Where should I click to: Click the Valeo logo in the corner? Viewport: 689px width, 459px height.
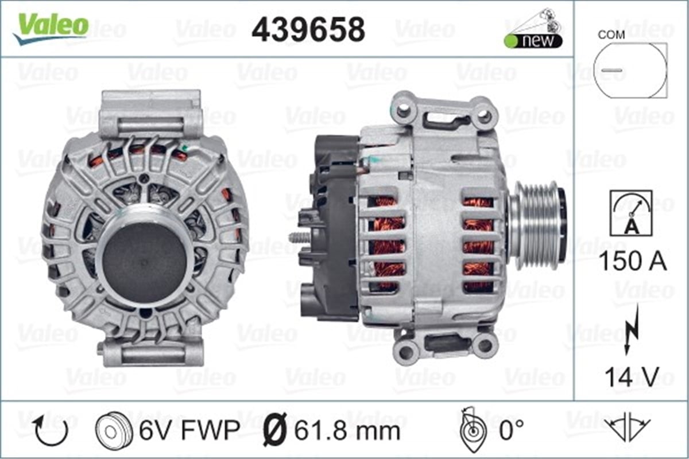[52, 28]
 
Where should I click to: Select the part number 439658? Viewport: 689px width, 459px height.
[308, 29]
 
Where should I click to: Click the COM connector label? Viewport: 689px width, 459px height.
[611, 34]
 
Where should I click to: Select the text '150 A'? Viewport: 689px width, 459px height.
[632, 262]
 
